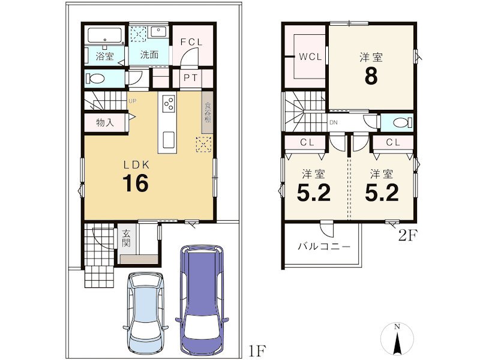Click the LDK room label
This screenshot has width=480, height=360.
point(136,165)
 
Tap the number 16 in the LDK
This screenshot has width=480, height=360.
point(136,183)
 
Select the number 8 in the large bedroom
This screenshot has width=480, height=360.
point(371,76)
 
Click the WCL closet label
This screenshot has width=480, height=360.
point(310,56)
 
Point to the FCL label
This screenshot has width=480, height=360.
point(191,42)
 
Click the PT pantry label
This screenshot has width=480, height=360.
point(190,78)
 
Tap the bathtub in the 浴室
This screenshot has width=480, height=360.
point(104,35)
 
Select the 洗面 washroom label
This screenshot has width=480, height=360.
point(149,55)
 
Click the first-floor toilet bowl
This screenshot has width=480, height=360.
point(95,79)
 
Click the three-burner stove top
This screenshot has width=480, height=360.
point(168,103)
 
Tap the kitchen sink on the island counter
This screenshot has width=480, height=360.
point(169,140)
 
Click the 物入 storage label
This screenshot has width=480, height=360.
point(104,122)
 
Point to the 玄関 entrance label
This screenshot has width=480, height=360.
point(126,238)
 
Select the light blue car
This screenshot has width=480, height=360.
point(146,314)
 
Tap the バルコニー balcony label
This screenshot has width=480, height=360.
point(324,247)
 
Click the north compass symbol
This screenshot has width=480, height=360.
point(397,339)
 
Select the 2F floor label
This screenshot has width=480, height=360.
point(408,235)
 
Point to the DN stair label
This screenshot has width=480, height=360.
point(334,122)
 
